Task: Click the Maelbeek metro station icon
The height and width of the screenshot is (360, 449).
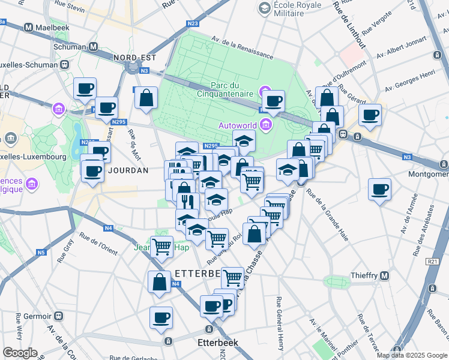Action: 28,28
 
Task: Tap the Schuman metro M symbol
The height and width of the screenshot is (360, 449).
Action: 93,46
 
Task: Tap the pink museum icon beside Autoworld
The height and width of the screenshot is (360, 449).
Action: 266,125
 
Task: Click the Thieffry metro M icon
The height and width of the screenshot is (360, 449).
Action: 385,275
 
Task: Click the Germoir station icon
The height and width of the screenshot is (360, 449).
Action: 59,316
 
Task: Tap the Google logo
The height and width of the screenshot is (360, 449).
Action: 20,353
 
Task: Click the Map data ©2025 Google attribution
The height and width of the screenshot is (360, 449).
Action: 412,355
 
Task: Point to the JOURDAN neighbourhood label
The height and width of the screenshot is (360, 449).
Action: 128,170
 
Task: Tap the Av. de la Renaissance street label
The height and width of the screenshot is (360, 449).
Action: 241,46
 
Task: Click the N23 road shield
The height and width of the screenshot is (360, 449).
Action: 192,23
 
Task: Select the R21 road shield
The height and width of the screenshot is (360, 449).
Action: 432,262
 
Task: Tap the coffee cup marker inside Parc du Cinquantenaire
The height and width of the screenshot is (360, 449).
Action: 274,102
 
